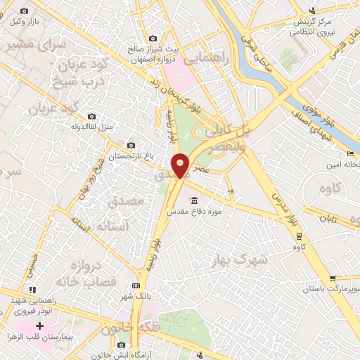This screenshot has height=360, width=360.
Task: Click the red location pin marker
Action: (182, 167)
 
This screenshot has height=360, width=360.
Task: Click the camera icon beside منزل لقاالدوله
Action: (91, 116)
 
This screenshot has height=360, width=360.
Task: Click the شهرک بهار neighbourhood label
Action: (239, 261)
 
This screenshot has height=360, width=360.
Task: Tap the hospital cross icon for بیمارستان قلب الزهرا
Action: (39, 326)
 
